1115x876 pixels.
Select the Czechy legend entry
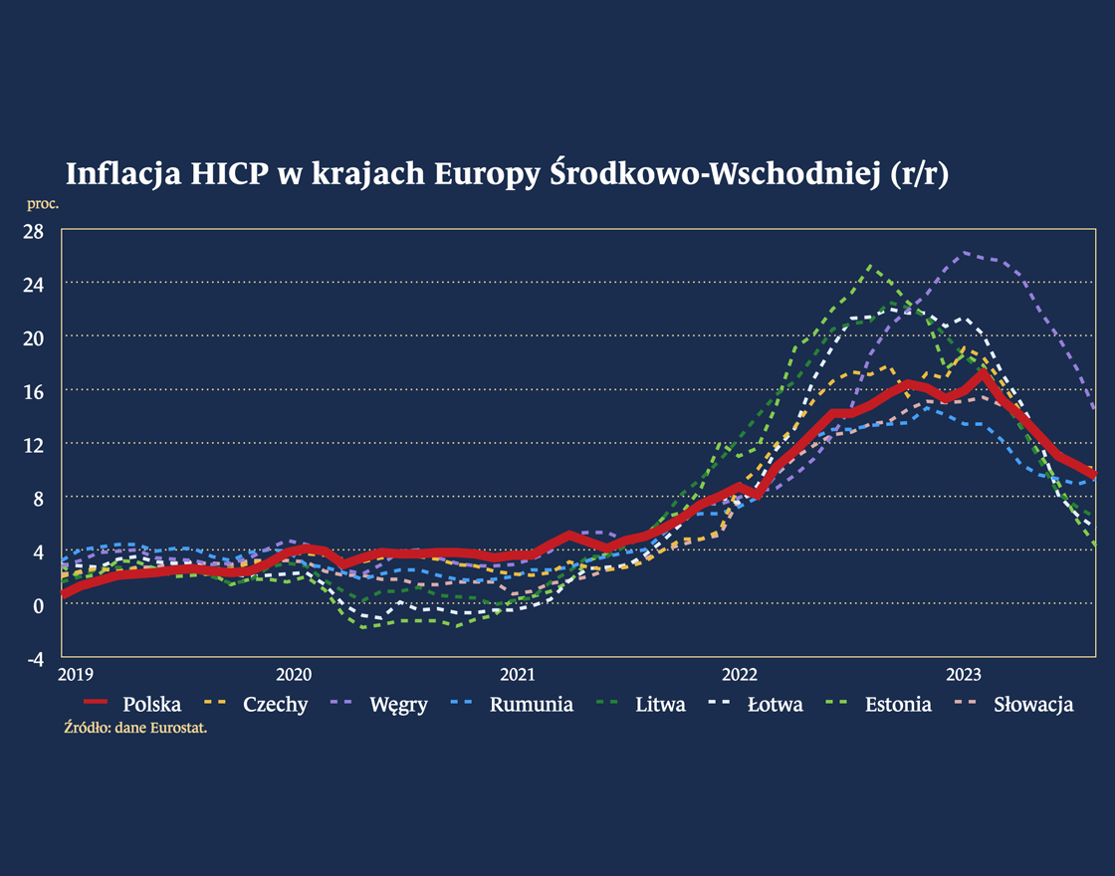click(275, 705)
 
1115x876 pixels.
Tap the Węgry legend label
click(396, 705)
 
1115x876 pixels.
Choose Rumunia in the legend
click(531, 705)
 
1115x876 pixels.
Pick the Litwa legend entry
click(660, 705)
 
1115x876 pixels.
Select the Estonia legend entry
click(898, 705)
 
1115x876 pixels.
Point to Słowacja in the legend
click(1033, 705)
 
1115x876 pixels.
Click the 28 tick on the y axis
click(35, 230)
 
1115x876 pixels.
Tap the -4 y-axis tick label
click(35, 658)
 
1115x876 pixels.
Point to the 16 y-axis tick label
click(35, 391)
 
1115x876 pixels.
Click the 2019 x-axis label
click(76, 675)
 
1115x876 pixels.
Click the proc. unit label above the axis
click(43, 204)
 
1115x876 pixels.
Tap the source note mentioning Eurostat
click(140, 728)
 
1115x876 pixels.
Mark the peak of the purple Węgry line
click(964, 253)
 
